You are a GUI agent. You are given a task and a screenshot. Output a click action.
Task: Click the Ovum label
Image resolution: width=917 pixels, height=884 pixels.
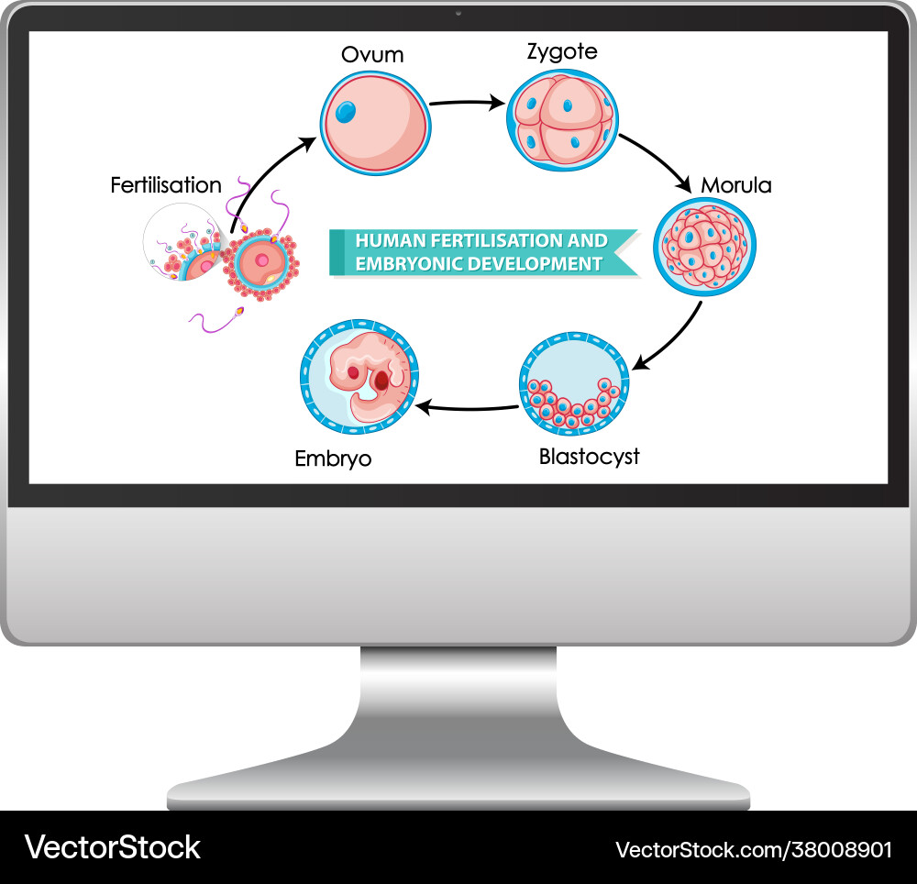coord(372,55)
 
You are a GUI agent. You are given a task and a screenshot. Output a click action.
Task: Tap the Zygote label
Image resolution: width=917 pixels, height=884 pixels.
coord(562,52)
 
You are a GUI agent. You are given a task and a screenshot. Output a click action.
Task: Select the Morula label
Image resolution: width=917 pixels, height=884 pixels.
coord(736,185)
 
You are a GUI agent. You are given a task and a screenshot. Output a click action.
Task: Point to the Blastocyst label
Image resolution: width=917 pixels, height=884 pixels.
coord(589,456)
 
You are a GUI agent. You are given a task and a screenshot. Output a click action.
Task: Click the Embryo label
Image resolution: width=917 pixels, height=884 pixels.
coord(333,458)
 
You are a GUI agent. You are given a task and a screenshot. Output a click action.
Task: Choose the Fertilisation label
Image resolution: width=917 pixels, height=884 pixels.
coord(166,185)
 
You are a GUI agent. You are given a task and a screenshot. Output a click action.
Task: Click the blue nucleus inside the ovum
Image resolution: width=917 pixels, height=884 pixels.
coord(347,112)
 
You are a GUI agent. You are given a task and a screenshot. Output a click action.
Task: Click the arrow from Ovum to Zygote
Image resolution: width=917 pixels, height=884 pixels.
coord(466,103)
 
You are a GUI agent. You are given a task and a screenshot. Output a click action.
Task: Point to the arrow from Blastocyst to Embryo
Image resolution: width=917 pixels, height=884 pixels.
coord(468,406)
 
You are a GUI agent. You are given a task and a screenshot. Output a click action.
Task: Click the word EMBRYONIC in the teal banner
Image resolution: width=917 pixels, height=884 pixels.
coord(408,264)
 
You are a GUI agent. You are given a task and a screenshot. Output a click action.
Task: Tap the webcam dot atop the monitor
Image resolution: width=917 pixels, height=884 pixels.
coord(458,14)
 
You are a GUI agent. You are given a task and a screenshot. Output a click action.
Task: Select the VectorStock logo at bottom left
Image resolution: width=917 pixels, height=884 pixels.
coord(113,846)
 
